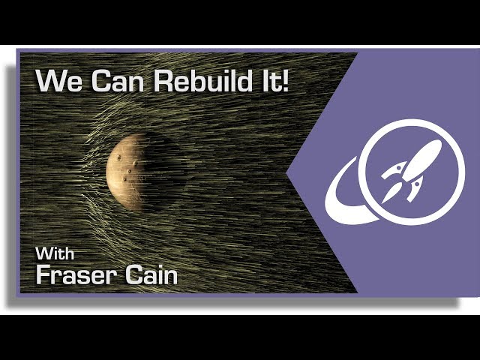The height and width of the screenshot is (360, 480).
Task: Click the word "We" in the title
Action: coord(59,81)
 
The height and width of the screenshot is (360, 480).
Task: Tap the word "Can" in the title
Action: coord(118,81)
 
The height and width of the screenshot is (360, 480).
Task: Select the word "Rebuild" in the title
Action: coord(202,80)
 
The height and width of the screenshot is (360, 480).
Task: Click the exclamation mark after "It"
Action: coord(284,80)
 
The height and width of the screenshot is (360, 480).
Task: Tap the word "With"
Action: coord(55,253)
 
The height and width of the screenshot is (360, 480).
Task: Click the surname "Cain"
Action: coord(151,274)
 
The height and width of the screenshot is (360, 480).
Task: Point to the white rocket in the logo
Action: coord(411,172)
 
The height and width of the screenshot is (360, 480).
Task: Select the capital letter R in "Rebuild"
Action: coord(162,81)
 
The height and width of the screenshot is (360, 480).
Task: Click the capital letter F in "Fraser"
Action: coord(43,274)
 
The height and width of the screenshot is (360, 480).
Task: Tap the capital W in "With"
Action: coord(44,253)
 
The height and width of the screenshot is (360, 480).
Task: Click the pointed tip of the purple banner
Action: coord(287,173)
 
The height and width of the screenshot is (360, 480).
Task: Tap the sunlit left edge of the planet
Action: coord(108,173)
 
